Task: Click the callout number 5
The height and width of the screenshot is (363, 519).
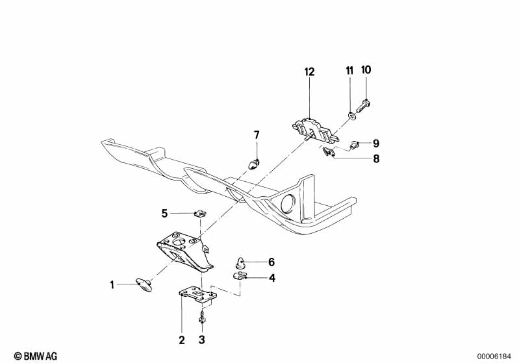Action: [x=165, y=212]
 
